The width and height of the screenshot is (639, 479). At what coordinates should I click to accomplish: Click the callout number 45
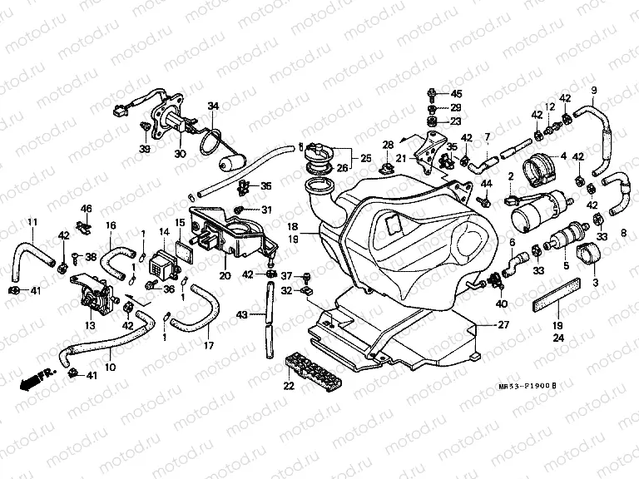pos(456,93)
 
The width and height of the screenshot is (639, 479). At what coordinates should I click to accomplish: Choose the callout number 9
pos(593,90)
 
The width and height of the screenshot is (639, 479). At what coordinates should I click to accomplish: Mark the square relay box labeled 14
pos(159,264)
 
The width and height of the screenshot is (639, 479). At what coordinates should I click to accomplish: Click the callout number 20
pos(225,275)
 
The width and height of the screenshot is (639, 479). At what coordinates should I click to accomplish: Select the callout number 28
pos(387,146)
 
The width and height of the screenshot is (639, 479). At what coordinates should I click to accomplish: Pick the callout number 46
pos(86,208)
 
